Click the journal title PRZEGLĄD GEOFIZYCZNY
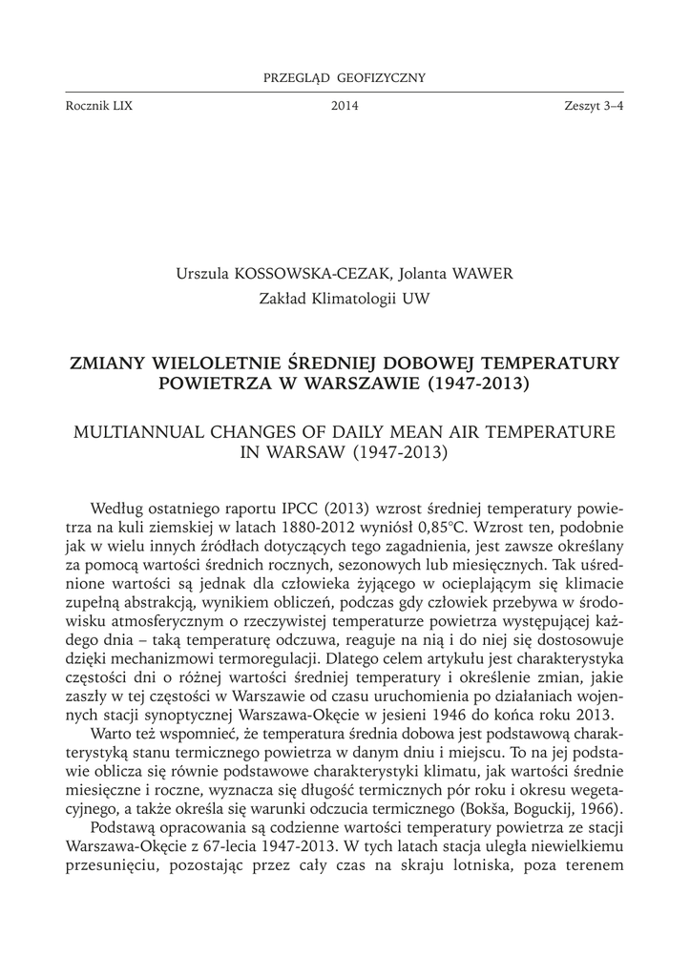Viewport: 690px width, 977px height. click(345, 77)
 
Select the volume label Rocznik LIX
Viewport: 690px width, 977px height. click(95, 106)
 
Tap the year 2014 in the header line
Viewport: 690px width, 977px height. click(345, 106)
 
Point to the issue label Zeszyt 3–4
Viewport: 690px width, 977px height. click(594, 106)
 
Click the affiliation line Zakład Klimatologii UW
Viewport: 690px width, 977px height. click(345, 299)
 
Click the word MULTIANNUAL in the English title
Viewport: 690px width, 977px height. click(140, 431)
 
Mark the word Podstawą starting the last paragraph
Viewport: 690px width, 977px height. click(123, 826)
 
